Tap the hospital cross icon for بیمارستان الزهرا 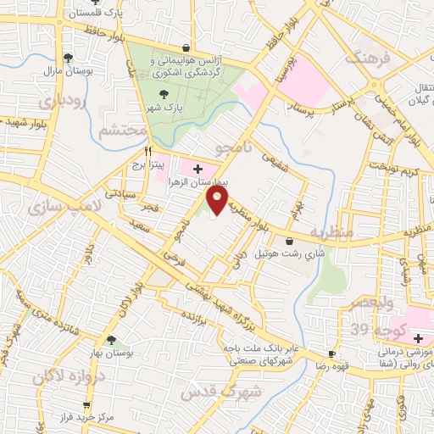[x=198, y=169]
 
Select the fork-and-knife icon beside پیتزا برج [x=148, y=152]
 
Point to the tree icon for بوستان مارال [x=68, y=58]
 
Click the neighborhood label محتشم [x=116, y=132]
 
